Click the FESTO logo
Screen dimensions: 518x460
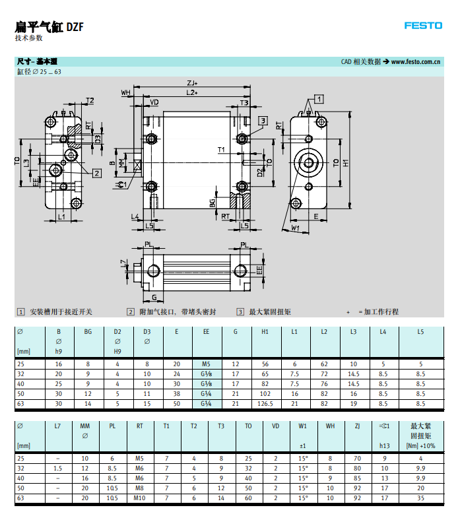pos(423,26)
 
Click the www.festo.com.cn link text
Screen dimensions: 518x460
pos(416,61)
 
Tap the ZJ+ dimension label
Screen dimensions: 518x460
pos(192,83)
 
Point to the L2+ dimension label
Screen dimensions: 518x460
pos(192,93)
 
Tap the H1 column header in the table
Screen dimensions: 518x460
pos(265,332)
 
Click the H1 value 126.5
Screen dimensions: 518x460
pos(265,403)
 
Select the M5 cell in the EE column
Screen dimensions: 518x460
pos(206,364)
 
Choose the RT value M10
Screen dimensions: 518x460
pos(139,498)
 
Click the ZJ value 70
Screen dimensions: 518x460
pos(357,458)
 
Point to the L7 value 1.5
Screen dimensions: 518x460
pos(57,468)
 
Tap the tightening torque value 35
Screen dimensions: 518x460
pos(420,498)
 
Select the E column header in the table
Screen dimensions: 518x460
pos(176,332)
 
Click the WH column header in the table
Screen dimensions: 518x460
pos(329,426)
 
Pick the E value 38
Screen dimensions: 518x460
pos(176,393)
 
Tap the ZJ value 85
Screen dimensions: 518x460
pos(357,478)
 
